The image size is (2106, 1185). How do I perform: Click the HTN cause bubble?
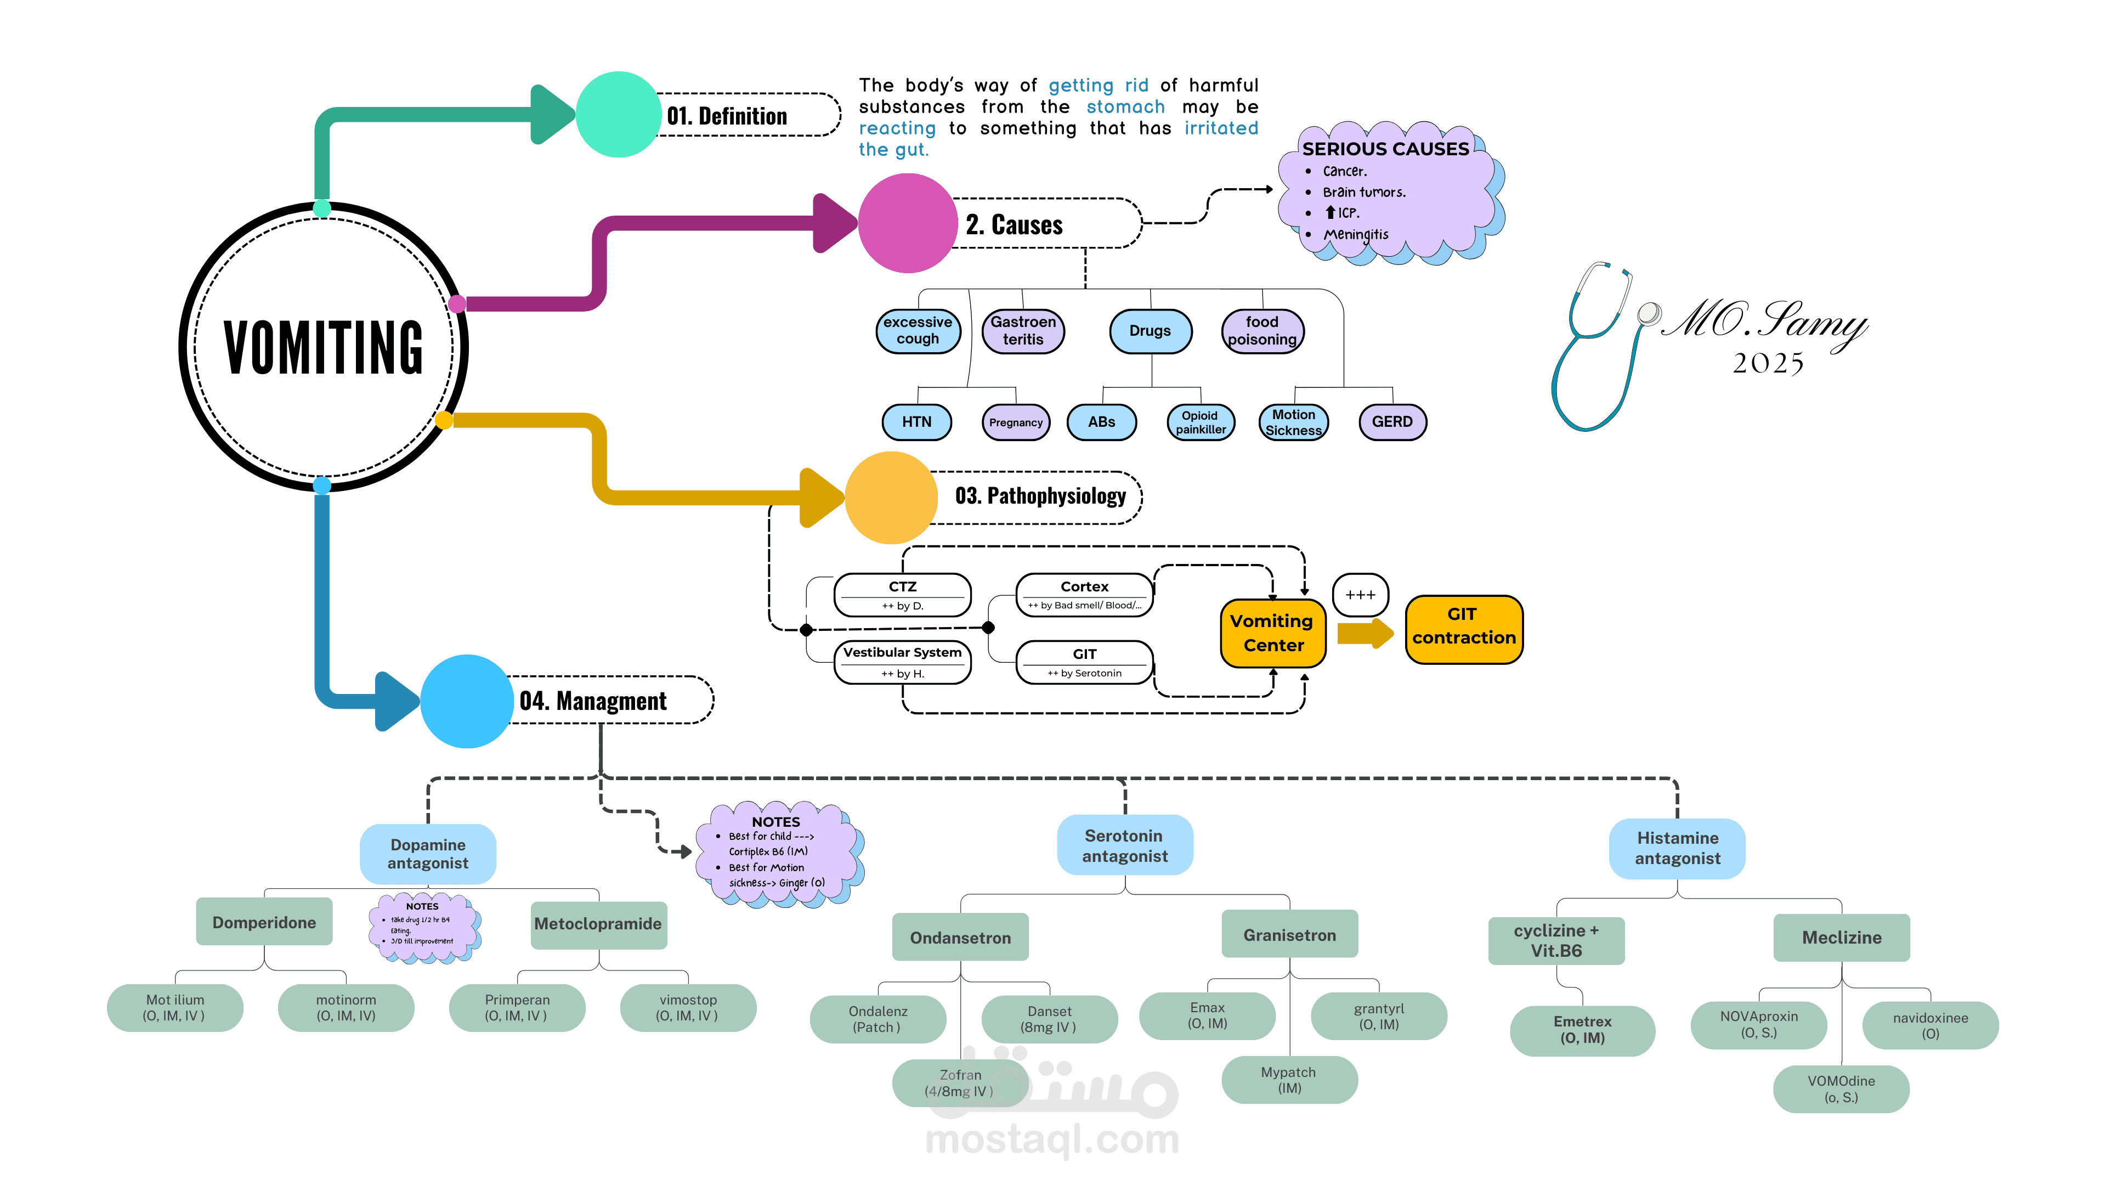click(x=916, y=422)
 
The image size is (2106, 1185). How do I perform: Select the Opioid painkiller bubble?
click(x=1200, y=422)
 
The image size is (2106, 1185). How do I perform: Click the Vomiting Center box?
click(x=1272, y=633)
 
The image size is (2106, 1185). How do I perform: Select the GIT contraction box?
click(x=1463, y=627)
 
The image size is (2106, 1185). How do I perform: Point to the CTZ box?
click(x=903, y=595)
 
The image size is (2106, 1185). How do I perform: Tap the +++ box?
click(x=1360, y=595)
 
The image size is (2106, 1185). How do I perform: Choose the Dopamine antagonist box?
click(x=428, y=854)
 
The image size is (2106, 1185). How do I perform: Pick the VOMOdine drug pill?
click(x=1841, y=1088)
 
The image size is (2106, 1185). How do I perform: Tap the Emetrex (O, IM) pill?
click(x=1582, y=1030)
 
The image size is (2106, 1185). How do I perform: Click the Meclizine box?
click(x=1841, y=937)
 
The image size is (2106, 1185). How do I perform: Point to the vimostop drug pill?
click(x=688, y=1008)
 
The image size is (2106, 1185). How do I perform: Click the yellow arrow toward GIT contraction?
click(x=1363, y=633)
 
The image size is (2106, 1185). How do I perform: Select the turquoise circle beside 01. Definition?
click(x=618, y=115)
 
